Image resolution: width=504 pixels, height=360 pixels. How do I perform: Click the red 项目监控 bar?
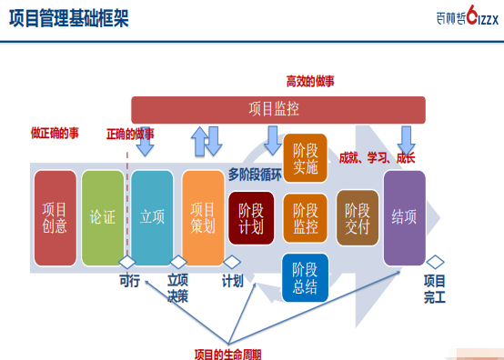click(278, 110)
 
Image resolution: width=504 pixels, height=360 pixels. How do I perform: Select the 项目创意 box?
click(55, 218)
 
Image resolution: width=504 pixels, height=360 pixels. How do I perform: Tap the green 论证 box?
click(103, 218)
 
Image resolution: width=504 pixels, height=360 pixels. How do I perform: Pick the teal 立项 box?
click(152, 218)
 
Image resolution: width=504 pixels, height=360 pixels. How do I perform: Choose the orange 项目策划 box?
click(203, 218)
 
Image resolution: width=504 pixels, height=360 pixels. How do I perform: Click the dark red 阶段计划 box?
click(251, 218)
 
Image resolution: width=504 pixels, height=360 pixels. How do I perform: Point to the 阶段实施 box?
click(305, 158)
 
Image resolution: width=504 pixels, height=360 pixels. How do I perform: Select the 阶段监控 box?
click(305, 218)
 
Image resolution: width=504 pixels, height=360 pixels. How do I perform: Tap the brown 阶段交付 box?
click(358, 218)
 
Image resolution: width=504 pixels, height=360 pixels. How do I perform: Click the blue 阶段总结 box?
click(305, 278)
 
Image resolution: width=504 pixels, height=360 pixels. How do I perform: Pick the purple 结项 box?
click(404, 218)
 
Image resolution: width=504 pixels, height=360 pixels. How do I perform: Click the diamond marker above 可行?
click(127, 262)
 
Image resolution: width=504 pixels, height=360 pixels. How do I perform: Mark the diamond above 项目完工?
click(435, 262)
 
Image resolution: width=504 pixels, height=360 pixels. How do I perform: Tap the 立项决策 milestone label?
click(177, 288)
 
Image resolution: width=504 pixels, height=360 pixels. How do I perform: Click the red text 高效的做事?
click(310, 81)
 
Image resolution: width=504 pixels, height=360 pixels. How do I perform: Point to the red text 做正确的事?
click(55, 133)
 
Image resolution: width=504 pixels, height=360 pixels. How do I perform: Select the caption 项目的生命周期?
click(228, 355)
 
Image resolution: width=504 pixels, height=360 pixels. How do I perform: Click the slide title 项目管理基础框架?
click(69, 18)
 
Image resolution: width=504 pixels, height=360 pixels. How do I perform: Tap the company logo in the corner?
click(468, 15)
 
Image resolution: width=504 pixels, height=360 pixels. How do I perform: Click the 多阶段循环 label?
click(255, 175)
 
